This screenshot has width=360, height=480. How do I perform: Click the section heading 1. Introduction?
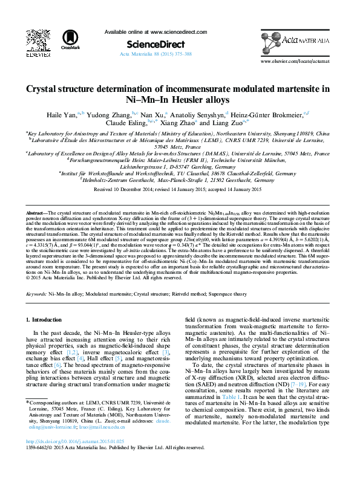[x=47, y=319]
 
